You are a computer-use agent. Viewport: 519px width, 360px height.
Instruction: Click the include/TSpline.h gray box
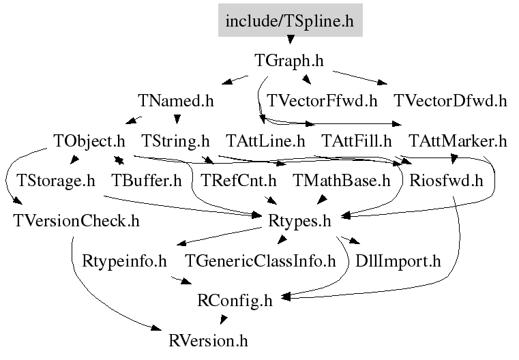(x=290, y=20)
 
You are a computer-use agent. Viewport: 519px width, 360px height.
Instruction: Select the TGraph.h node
(x=288, y=61)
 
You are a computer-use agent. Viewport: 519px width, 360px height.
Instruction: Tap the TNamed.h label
(x=176, y=102)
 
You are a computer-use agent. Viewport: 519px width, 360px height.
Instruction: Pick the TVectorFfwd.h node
(x=322, y=102)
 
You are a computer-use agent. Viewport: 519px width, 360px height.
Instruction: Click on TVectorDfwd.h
(x=450, y=102)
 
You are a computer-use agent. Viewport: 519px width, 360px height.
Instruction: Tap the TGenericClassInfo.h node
(x=261, y=260)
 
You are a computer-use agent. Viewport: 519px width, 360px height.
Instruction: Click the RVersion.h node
(x=209, y=340)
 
